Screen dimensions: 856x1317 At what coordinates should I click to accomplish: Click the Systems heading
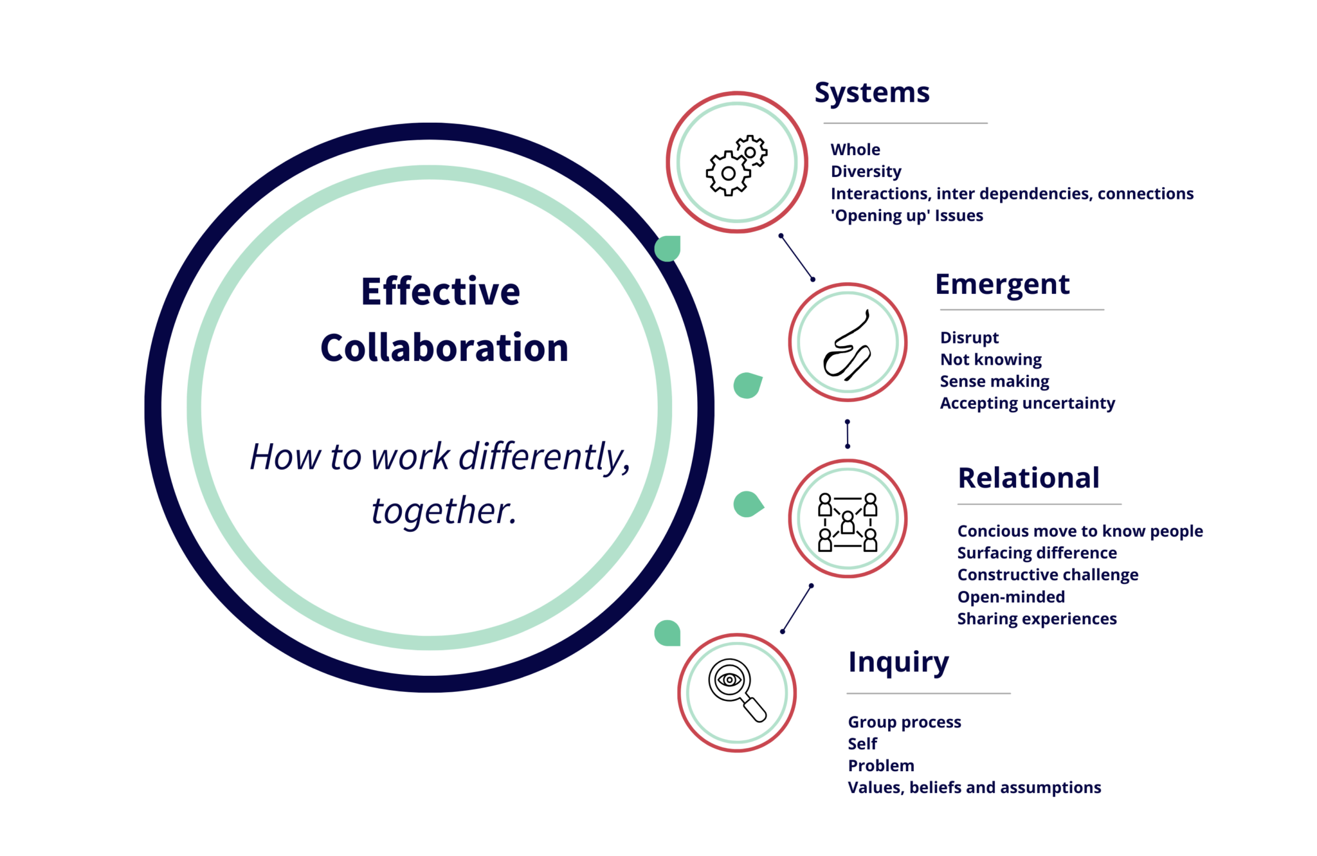pos(871,93)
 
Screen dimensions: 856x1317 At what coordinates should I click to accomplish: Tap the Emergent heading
pos(1002,284)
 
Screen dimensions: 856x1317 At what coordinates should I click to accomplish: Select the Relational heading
pos(1028,478)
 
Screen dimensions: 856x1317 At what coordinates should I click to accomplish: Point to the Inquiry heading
pos(898,662)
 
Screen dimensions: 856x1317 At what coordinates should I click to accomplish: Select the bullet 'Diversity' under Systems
pos(866,172)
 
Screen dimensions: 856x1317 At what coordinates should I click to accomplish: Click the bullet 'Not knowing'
pos(990,360)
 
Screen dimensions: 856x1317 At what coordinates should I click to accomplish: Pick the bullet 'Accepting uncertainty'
pos(1027,403)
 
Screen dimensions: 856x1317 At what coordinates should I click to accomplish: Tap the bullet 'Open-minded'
pos(1010,597)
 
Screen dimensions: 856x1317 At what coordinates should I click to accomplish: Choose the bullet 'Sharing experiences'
pos(1037,619)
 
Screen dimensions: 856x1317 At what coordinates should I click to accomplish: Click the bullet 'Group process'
pos(904,722)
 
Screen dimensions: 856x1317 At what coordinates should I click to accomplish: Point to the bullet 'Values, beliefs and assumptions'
pos(974,788)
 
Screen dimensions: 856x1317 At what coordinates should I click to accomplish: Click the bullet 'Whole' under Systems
pos(855,150)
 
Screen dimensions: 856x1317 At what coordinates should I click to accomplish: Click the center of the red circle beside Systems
pos(737,162)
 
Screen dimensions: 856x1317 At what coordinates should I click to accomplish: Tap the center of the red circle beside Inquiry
pos(737,693)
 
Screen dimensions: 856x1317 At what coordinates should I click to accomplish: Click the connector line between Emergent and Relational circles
pos(848,433)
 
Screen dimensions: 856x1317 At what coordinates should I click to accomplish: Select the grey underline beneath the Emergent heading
pos(1021,310)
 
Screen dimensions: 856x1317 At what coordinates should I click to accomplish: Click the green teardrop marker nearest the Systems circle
pos(668,248)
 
